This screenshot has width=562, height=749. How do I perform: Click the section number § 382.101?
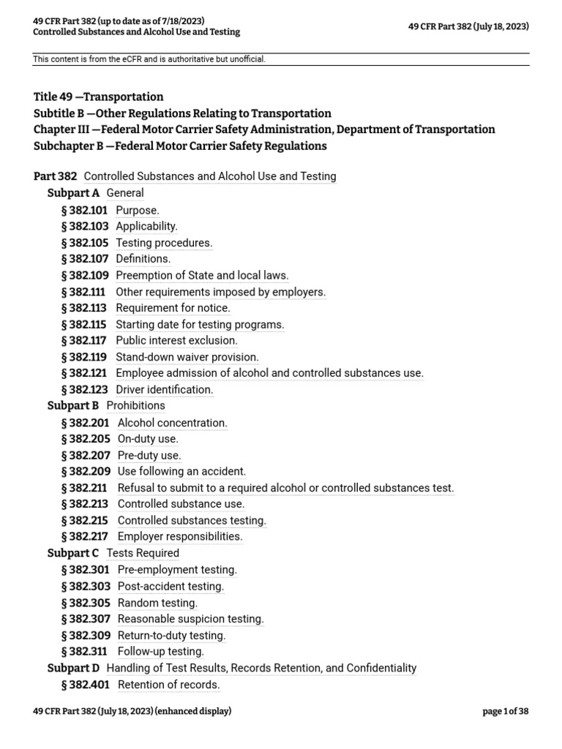click(85, 211)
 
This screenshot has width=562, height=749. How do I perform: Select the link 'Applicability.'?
click(146, 227)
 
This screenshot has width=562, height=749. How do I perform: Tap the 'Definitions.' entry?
click(143, 259)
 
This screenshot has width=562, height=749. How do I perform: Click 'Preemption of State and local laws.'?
click(202, 276)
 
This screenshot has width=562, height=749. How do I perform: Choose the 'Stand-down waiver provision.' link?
click(187, 357)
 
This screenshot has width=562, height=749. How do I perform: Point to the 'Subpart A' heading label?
click(73, 193)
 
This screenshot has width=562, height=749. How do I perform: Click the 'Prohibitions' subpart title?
click(135, 406)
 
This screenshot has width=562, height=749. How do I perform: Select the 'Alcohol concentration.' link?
click(172, 423)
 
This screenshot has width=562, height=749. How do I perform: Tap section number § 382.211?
click(86, 488)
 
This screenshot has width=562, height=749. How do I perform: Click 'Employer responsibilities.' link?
click(180, 537)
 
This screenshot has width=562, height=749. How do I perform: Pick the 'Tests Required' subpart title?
click(143, 554)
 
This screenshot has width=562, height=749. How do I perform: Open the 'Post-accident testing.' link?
click(171, 587)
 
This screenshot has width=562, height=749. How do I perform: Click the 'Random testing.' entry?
click(157, 603)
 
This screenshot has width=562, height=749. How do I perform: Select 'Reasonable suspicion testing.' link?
click(190, 620)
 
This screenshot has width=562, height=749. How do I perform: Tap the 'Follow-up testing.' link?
click(160, 652)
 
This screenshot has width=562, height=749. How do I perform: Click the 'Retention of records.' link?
click(168, 685)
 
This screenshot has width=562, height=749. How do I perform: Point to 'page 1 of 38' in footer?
click(505, 711)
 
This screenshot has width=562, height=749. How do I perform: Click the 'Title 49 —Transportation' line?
click(98, 97)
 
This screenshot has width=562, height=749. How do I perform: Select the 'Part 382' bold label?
click(55, 176)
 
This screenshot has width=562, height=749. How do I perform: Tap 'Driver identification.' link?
click(165, 390)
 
